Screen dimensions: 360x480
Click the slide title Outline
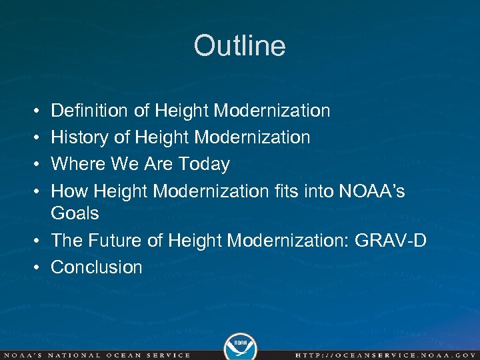click(239, 46)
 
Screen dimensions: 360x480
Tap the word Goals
click(75, 214)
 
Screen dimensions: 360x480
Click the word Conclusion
click(97, 267)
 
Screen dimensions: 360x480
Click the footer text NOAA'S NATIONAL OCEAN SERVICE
click(97, 355)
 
